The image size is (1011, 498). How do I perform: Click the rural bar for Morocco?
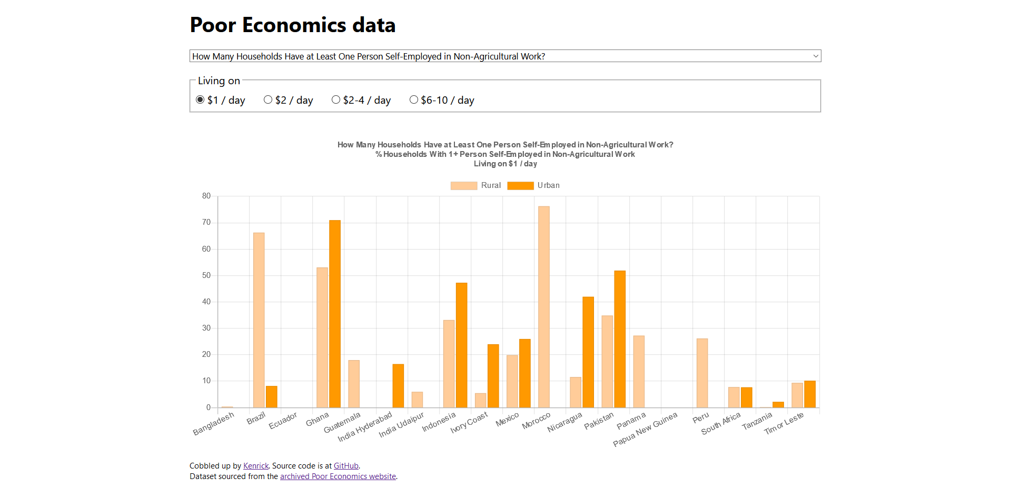pos(544,307)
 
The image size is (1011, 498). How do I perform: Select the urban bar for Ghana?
pos(335,314)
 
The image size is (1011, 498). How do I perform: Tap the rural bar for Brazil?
pos(259,320)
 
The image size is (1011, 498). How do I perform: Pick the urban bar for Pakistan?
pos(620,339)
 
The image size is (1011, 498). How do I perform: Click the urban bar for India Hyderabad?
pos(398,386)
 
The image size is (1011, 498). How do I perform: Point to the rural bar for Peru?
pos(702,373)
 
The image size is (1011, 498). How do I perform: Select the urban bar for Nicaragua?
pos(588,352)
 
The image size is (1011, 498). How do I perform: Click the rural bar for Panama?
pos(639,372)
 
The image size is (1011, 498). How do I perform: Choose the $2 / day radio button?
pos(268,99)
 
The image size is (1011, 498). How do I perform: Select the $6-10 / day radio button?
pos(414,99)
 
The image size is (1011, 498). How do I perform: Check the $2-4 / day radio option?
pos(336,99)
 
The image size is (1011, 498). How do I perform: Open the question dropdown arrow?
pos(816,56)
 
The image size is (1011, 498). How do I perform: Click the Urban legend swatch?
pos(520,185)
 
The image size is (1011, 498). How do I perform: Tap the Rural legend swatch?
pos(463,185)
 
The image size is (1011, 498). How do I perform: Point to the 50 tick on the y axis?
pos(206,275)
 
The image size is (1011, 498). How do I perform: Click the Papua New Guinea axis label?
pos(646,430)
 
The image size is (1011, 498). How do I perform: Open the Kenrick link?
pos(256,466)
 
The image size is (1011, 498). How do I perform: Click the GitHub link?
pos(346,466)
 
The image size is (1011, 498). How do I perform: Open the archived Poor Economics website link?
pos(338,476)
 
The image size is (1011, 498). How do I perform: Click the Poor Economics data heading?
pos(292,25)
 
